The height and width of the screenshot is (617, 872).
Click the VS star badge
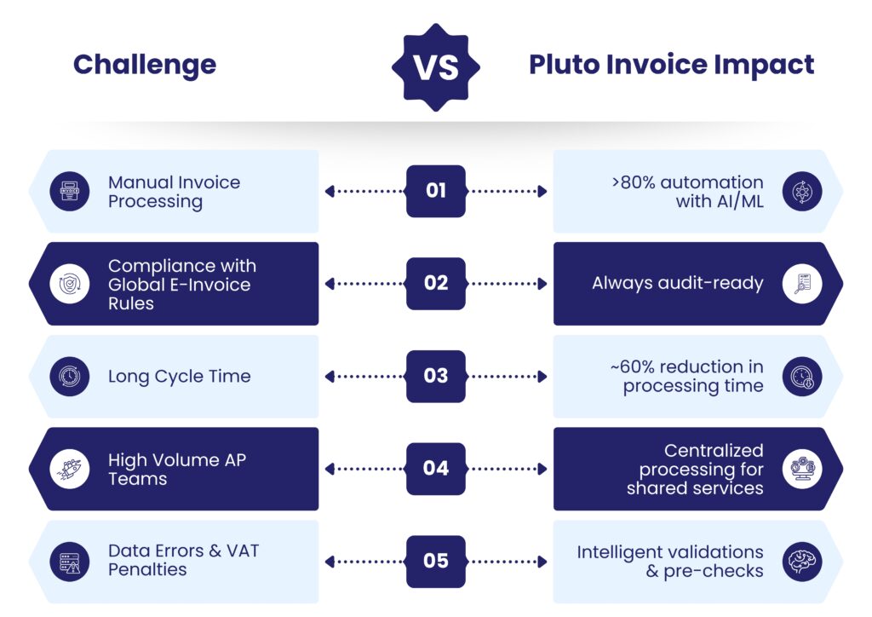click(x=436, y=67)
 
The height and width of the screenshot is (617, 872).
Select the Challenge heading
click(x=145, y=66)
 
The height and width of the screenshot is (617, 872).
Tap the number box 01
click(x=436, y=191)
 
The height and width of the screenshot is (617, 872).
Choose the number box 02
click(x=436, y=283)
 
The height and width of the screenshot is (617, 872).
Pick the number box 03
click(x=436, y=376)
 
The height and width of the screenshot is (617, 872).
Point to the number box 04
click(x=436, y=469)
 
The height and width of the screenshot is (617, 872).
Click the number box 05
click(x=436, y=562)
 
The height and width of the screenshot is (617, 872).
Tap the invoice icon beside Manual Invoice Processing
click(x=70, y=192)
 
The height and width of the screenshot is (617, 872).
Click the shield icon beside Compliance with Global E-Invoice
click(x=70, y=284)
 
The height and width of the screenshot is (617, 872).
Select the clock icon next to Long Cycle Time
click(x=70, y=377)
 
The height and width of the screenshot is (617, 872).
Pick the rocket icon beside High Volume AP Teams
click(x=70, y=469)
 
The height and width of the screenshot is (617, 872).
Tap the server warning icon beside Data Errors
click(x=70, y=562)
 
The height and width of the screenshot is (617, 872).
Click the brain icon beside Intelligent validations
click(x=802, y=562)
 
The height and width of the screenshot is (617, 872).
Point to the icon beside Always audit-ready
click(x=802, y=284)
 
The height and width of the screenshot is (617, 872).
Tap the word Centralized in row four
click(x=714, y=450)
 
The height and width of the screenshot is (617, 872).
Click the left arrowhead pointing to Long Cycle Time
click(x=330, y=377)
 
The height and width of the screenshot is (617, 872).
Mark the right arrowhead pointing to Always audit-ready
click(x=542, y=284)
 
